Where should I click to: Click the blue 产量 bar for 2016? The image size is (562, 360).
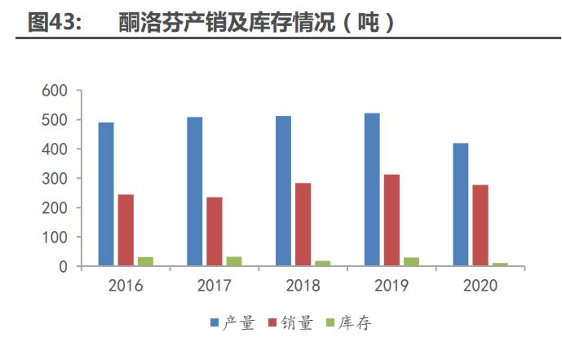click(x=106, y=194)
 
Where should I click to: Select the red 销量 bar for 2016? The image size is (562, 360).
click(x=126, y=230)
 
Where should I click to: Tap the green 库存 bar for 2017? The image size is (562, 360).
click(x=234, y=261)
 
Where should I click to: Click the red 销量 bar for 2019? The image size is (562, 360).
click(x=392, y=220)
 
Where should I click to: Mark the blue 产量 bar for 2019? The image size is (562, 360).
click(x=372, y=189)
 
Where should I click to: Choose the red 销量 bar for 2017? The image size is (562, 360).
click(x=215, y=232)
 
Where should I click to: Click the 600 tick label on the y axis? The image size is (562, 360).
click(x=54, y=91)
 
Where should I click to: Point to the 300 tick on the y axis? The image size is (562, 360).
click(x=54, y=179)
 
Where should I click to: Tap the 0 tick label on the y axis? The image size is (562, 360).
click(x=63, y=267)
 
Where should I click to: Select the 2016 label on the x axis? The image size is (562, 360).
click(x=126, y=287)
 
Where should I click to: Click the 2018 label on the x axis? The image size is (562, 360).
click(x=303, y=287)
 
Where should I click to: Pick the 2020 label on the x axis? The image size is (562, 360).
click(x=480, y=287)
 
